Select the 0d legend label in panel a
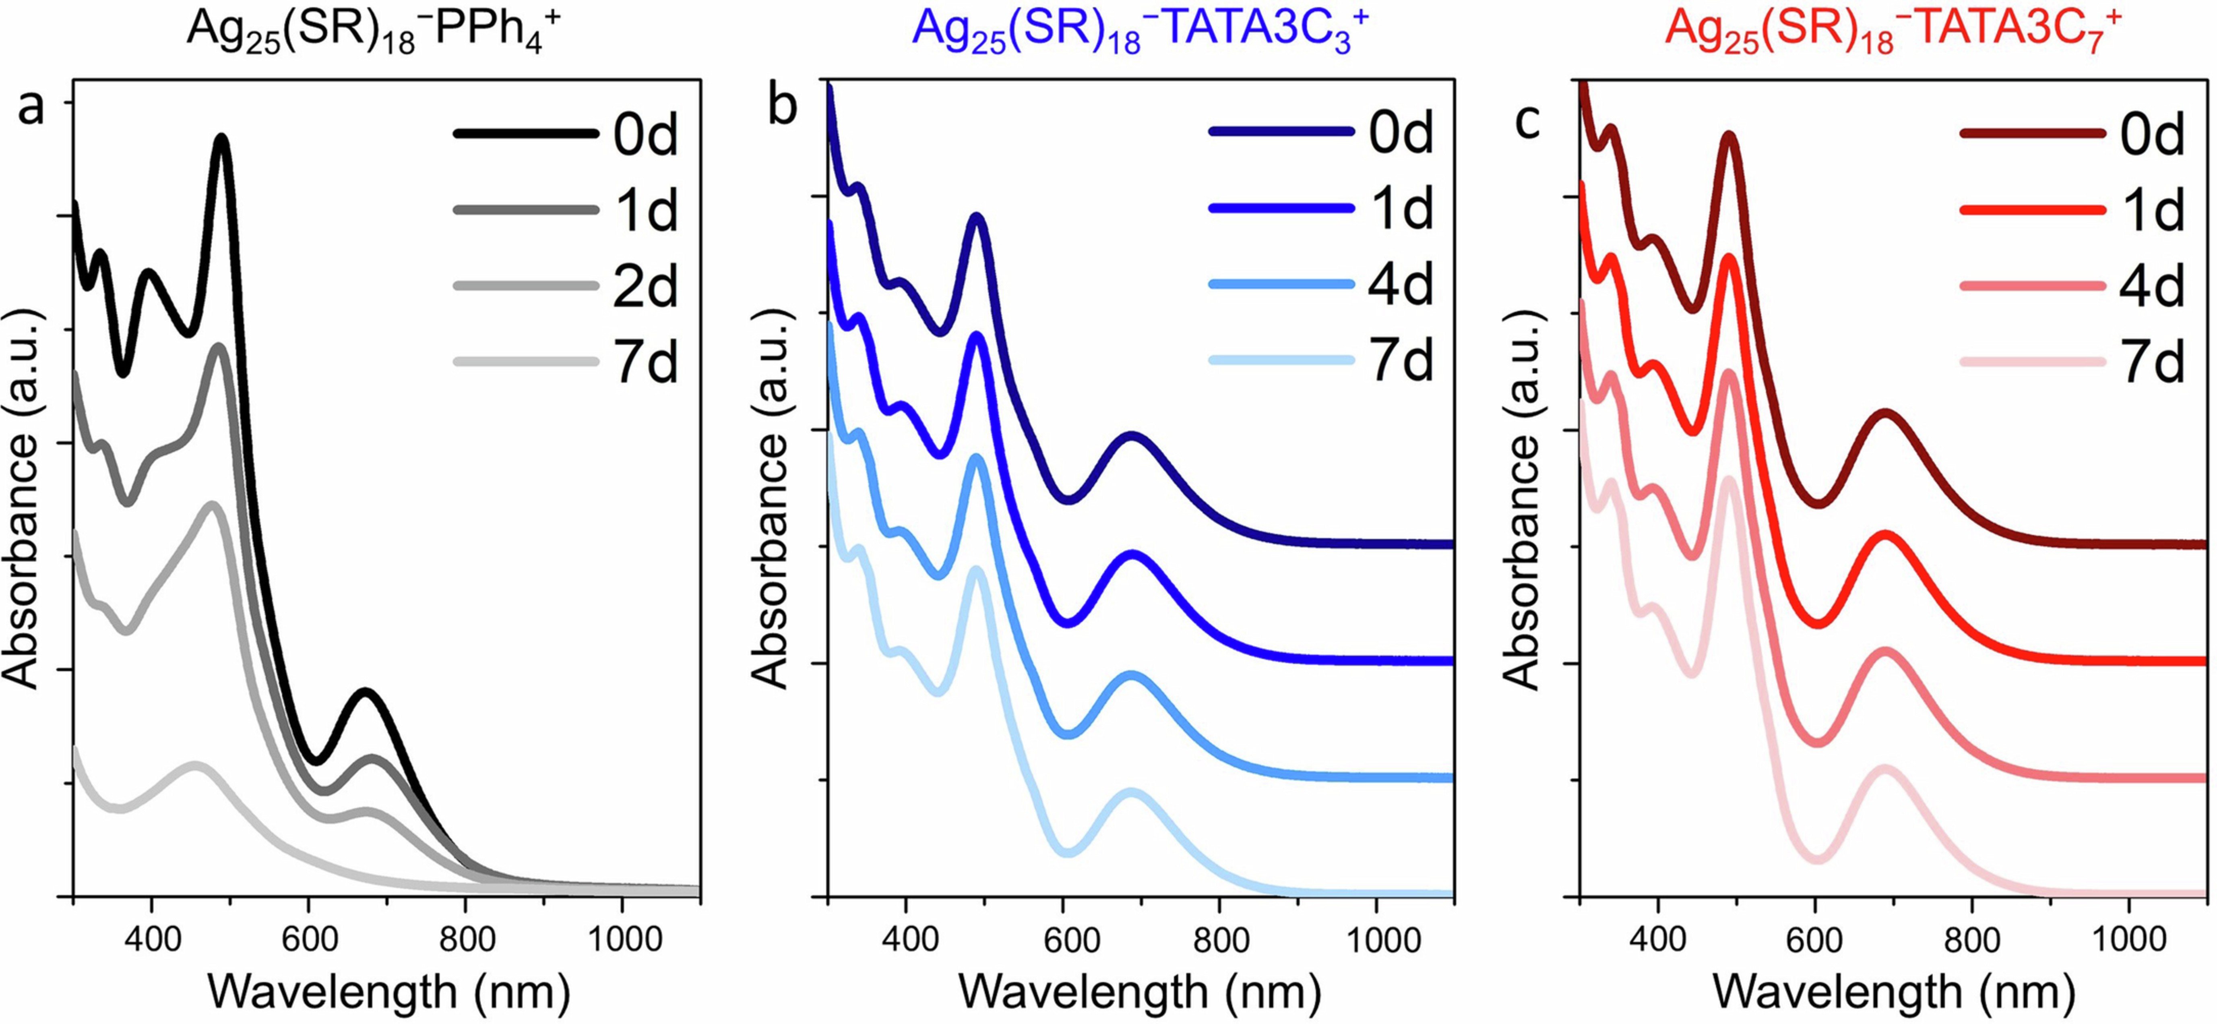point(645,135)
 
